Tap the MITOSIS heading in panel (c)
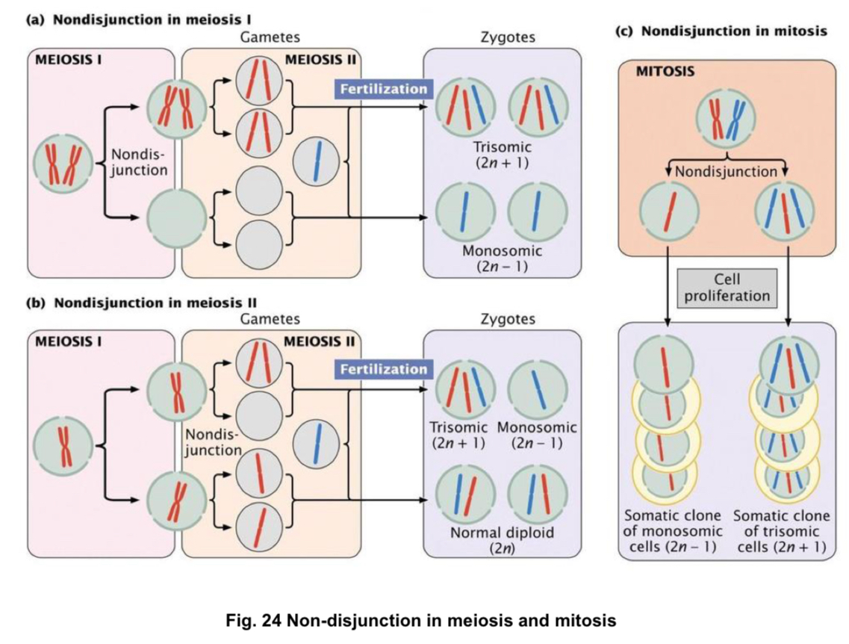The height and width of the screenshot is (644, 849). click(x=665, y=73)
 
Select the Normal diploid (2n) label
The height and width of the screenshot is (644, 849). click(x=501, y=539)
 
